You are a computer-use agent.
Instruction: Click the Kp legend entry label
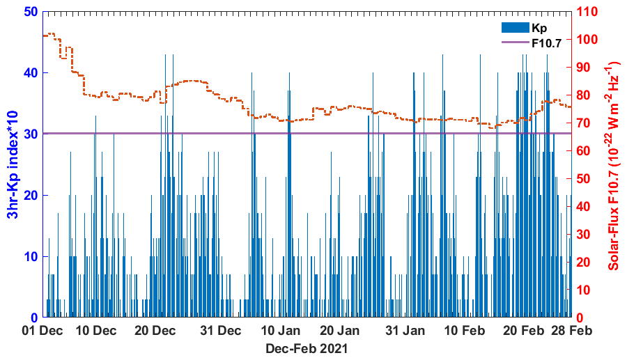(x=539, y=28)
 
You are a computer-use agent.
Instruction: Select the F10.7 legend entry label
(x=547, y=42)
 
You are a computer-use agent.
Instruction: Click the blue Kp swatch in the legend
(x=515, y=28)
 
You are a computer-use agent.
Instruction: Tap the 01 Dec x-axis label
(x=43, y=329)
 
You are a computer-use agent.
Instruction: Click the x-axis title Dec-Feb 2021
(x=307, y=347)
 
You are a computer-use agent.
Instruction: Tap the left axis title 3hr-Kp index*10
(x=13, y=164)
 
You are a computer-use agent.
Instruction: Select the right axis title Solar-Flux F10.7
(x=614, y=164)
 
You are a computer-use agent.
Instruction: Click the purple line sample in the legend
(x=515, y=42)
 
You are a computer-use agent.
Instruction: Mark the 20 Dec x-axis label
(x=155, y=329)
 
